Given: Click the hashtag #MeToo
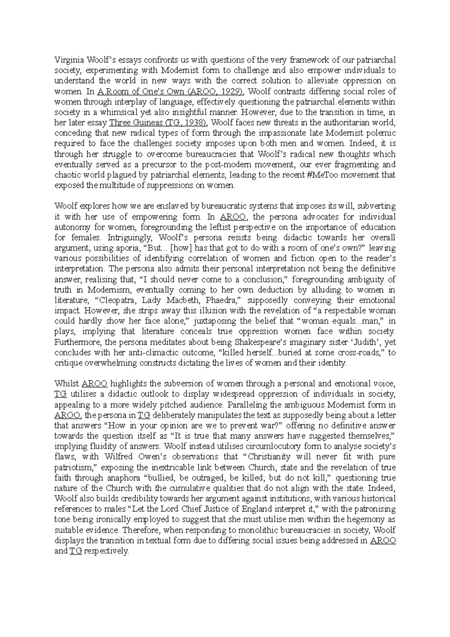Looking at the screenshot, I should (x=326, y=175).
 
